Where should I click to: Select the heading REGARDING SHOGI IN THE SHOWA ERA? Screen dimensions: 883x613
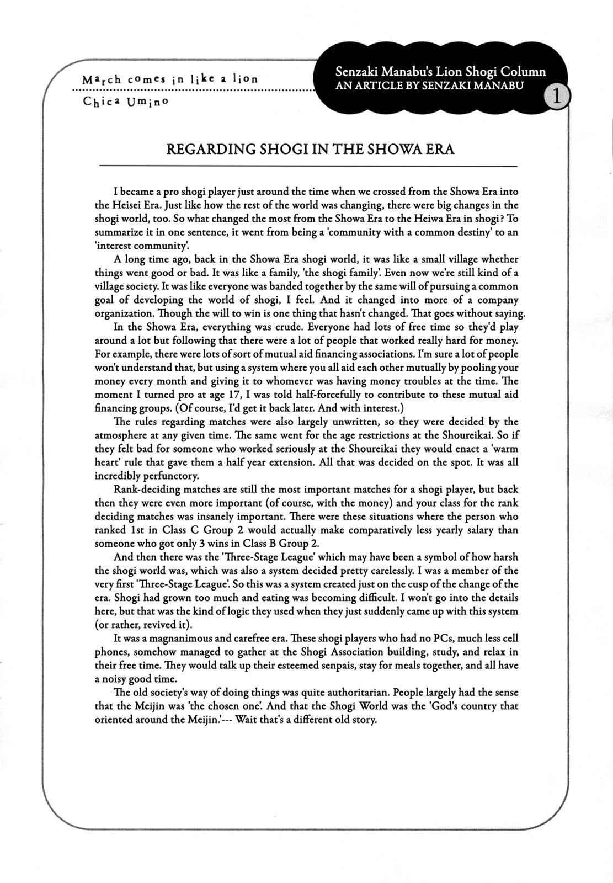pos(311,150)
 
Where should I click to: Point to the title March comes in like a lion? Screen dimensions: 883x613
pos(169,79)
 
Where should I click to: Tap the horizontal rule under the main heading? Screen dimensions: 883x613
pos(308,166)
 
